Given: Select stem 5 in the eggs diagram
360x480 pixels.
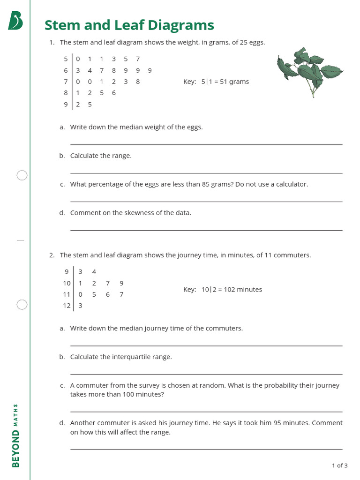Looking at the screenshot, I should [x=66, y=59].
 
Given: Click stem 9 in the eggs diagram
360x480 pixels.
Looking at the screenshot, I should [x=66, y=105].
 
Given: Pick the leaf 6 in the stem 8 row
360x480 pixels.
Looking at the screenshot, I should [x=114, y=93].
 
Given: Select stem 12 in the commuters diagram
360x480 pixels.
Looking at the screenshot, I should [x=67, y=306].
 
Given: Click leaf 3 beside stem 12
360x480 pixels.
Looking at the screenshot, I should [x=80, y=306].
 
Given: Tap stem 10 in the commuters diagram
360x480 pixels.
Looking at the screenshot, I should [x=67, y=283].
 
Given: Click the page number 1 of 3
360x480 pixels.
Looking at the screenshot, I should [x=339, y=465].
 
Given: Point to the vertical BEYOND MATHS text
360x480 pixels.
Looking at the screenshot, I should [x=15, y=435].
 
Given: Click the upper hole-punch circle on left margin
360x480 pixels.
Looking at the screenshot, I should [x=22, y=175].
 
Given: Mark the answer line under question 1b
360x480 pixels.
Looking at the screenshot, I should [x=206, y=173].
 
